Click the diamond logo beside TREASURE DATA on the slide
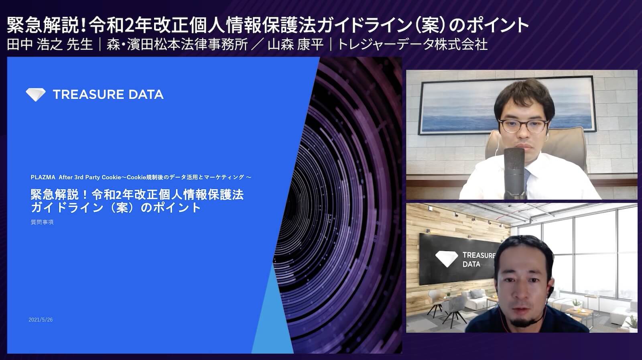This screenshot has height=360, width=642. point(36,94)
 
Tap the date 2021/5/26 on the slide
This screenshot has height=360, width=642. point(41,320)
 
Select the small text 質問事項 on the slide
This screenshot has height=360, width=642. point(42,222)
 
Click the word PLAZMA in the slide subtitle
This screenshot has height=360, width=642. point(43,177)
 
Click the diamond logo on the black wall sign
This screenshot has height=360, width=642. point(446,259)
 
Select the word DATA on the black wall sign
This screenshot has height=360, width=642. point(471,264)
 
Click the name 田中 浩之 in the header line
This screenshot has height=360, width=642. point(35,44)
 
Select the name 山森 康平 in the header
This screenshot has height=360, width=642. point(295,44)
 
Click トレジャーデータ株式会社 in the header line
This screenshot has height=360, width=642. point(412,44)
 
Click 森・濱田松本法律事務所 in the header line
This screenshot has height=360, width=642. point(177,44)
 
